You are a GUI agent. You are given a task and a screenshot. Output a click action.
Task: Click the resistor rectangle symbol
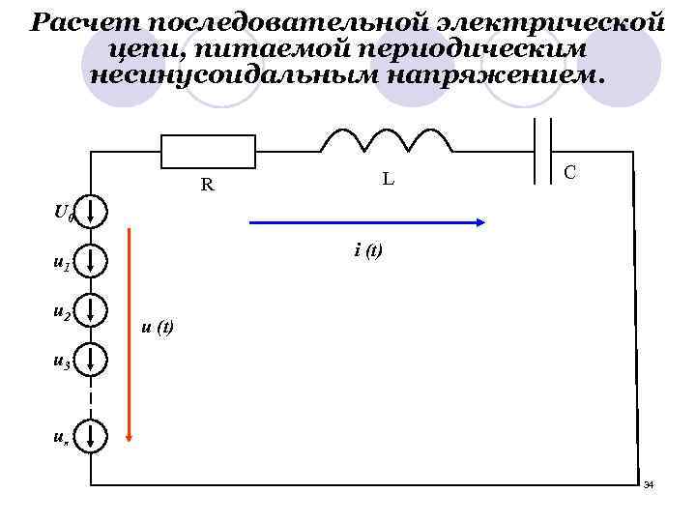point(208,152)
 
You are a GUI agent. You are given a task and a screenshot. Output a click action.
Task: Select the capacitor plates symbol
point(543,151)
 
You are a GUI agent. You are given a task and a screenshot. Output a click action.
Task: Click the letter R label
point(207,184)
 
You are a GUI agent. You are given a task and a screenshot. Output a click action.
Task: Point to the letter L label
point(387,178)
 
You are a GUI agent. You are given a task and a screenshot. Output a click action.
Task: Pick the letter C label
point(571,172)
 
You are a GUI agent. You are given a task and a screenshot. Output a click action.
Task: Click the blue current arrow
point(367,222)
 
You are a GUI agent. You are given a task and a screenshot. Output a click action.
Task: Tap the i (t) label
point(368,250)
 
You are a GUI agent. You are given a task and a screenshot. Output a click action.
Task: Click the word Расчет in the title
point(76,21)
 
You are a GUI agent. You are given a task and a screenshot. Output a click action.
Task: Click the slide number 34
point(649,483)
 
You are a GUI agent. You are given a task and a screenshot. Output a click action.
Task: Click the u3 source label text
point(61,362)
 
